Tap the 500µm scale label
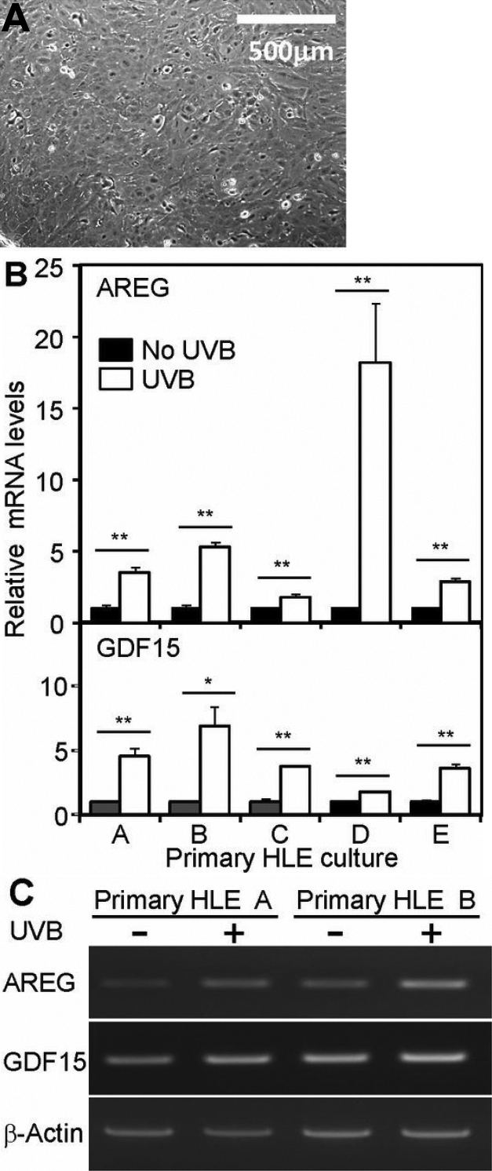pos(290,53)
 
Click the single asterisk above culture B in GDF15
pos(208,680)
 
